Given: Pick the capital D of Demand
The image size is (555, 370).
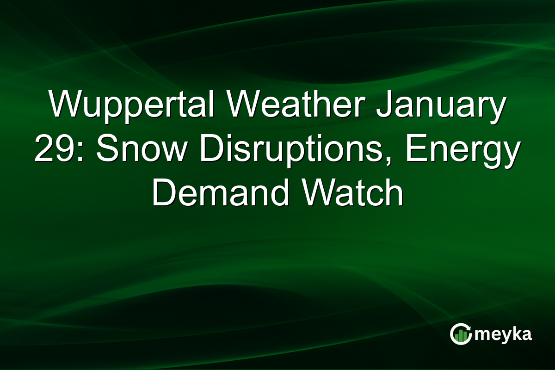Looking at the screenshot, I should click(x=163, y=195).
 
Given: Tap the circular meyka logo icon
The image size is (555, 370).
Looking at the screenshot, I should click(x=461, y=334).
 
